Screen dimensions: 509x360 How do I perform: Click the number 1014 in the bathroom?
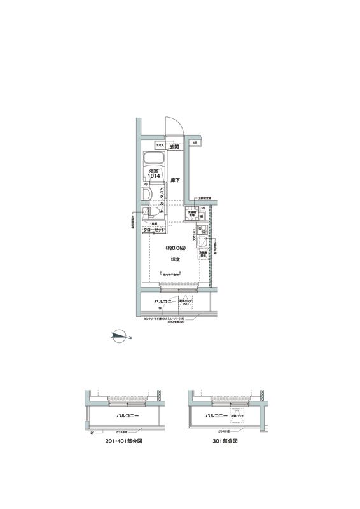point(154,176)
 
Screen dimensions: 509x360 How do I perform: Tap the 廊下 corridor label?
point(176,181)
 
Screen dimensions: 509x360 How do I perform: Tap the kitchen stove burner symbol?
point(204,230)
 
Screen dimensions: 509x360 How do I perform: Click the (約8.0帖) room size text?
point(174,248)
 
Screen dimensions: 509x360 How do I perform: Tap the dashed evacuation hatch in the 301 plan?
point(237,416)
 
